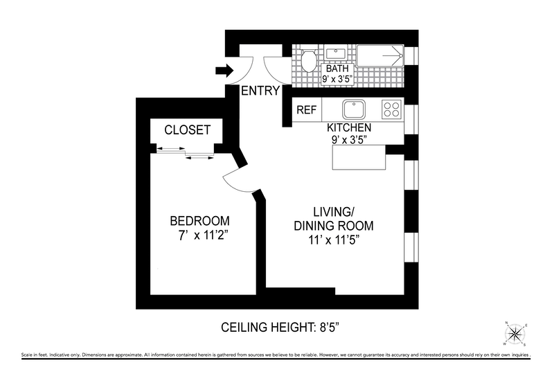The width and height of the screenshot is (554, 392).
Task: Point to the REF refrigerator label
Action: tap(306, 110)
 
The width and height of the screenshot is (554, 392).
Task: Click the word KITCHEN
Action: tap(350, 128)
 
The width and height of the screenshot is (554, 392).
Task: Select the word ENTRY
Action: tap(260, 91)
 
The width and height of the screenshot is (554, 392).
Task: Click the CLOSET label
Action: tap(187, 130)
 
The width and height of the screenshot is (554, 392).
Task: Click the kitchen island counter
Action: tap(359, 159)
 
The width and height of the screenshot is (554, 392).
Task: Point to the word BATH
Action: tap(337, 69)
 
